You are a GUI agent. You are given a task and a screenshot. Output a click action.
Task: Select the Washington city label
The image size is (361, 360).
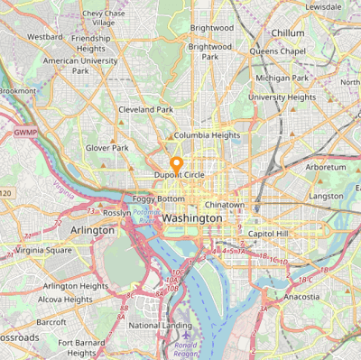(x=192, y=219)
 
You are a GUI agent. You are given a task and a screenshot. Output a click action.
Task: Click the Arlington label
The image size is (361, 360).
(x=92, y=230)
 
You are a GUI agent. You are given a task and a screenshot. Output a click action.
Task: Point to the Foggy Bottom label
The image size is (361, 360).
(x=159, y=198)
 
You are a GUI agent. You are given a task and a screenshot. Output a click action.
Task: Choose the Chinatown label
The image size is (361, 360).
(x=225, y=205)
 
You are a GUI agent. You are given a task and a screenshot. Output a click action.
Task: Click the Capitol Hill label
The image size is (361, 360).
(x=268, y=234)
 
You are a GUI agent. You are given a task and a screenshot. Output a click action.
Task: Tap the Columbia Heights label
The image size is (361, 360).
(x=208, y=135)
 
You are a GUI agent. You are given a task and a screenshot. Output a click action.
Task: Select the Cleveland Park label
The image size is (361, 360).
(x=145, y=110)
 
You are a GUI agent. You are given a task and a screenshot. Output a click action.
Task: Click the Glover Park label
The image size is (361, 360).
(x=107, y=147)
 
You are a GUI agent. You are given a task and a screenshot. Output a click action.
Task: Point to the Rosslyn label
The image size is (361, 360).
(x=116, y=213)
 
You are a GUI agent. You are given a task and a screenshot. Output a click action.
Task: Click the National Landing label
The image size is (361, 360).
(x=159, y=325)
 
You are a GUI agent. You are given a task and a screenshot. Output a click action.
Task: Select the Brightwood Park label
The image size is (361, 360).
(x=210, y=51)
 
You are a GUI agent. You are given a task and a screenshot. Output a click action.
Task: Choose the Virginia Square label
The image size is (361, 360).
(x=44, y=250)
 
